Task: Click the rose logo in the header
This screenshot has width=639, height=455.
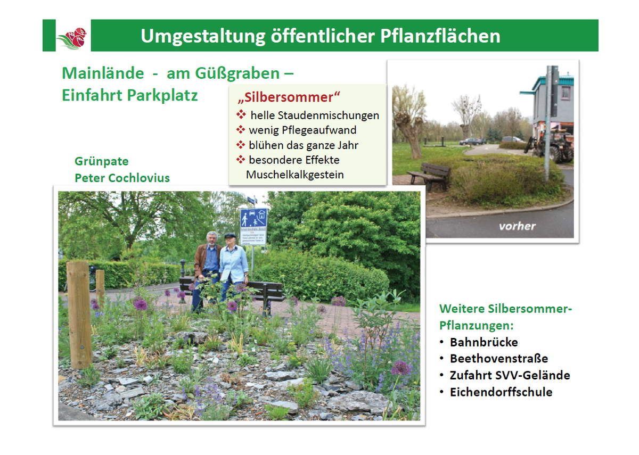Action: click(x=72, y=38)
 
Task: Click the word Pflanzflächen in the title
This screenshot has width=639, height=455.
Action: click(x=440, y=36)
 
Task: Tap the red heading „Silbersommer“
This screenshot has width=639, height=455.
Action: click(x=289, y=97)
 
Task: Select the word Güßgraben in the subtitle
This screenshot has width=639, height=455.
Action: click(x=237, y=74)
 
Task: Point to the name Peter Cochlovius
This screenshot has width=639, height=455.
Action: click(x=122, y=178)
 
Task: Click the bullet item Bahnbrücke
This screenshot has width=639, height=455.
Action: click(x=484, y=342)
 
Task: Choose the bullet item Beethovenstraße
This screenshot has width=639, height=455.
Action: click(x=499, y=359)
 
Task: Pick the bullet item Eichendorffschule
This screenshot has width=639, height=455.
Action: click(x=501, y=392)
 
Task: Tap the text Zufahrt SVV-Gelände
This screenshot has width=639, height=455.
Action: click(x=510, y=375)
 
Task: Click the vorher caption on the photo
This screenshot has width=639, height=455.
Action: click(x=517, y=226)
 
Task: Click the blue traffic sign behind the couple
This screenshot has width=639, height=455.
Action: click(x=253, y=218)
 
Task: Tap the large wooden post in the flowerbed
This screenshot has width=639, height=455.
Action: click(x=79, y=315)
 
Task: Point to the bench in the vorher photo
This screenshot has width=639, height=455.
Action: click(x=429, y=176)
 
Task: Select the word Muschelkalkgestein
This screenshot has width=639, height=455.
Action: click(x=294, y=175)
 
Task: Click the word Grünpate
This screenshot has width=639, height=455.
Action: click(x=102, y=161)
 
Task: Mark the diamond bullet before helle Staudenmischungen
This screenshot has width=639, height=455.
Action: click(x=241, y=114)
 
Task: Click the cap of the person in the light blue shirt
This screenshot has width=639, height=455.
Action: click(x=230, y=236)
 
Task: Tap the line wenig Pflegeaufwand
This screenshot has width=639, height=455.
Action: click(x=302, y=130)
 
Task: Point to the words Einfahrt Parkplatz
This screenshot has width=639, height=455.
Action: click(x=130, y=95)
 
